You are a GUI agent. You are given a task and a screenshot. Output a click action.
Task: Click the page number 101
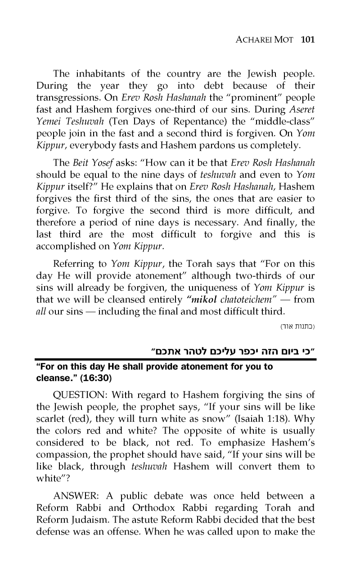tap(307, 40)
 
